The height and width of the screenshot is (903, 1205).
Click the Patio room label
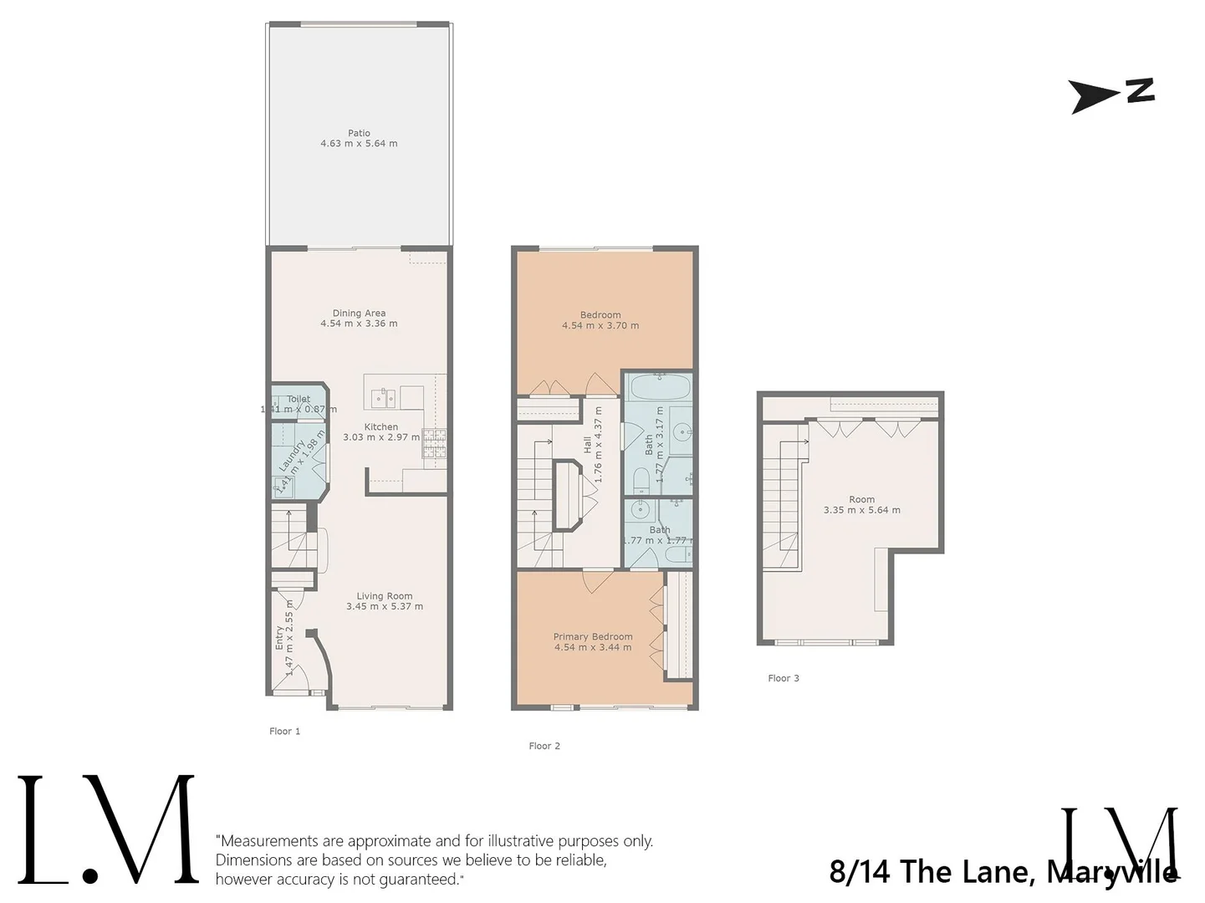coord(359,133)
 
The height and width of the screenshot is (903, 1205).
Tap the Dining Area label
coord(359,314)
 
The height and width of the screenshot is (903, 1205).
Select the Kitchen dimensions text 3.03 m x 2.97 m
coord(381,437)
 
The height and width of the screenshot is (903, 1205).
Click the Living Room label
coord(384,596)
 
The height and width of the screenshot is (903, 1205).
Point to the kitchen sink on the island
coord(382,396)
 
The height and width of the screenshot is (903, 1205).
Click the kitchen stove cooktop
coord(434,443)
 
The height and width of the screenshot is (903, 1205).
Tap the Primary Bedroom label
coord(593,636)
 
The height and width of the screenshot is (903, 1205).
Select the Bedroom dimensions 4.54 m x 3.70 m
coord(600,326)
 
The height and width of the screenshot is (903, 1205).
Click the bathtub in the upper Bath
coord(659,387)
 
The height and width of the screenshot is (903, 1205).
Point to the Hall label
coord(587,445)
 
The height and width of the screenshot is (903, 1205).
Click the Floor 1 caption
coord(284,732)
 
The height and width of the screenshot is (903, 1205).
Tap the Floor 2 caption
coord(544,746)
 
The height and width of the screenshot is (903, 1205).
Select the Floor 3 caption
coord(784,678)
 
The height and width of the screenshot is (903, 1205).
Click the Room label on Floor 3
coord(861,499)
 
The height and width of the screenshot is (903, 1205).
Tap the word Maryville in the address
coord(1112,872)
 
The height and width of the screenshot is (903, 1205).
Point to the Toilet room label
coord(299,399)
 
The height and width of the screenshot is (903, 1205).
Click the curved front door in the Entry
coord(323,660)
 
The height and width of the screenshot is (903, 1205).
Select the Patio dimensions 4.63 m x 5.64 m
coord(359,144)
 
